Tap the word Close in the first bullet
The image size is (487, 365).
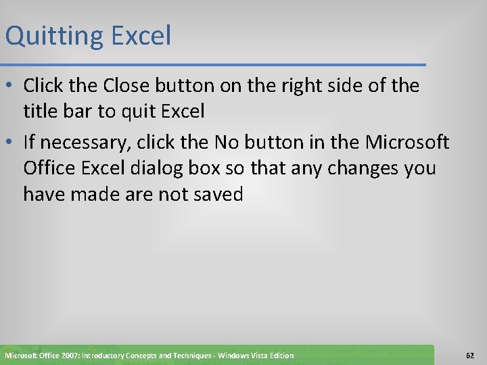pyautogui.click(x=126, y=86)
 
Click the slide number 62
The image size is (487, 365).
pyautogui.click(x=469, y=356)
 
